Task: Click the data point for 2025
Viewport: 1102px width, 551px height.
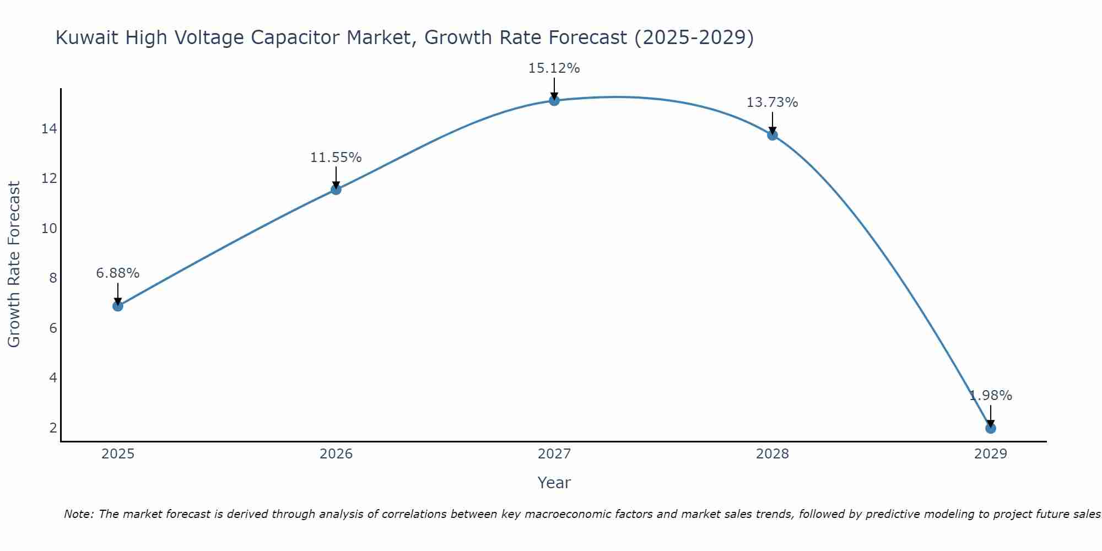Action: [x=118, y=306]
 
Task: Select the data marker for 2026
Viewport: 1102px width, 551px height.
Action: [x=336, y=190]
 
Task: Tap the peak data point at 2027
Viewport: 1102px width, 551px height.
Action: [x=554, y=100]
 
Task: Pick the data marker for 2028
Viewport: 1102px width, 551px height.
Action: [x=773, y=135]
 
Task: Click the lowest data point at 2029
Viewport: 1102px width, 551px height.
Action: [x=991, y=428]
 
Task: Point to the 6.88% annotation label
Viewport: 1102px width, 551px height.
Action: [x=118, y=273]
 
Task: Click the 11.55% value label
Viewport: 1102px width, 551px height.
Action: [x=336, y=158]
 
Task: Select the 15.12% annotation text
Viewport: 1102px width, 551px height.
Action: [x=554, y=68]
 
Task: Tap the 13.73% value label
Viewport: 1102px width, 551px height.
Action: [x=773, y=102]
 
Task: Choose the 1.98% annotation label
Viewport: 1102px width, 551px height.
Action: [x=991, y=396]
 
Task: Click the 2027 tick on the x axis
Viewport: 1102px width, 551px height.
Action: [x=554, y=454]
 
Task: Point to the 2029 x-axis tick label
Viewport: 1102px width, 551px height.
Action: [x=991, y=454]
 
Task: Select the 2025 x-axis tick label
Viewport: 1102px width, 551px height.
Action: [x=118, y=454]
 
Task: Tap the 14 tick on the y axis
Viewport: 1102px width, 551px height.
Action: [x=49, y=129]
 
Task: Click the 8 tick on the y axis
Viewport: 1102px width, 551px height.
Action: [x=53, y=278]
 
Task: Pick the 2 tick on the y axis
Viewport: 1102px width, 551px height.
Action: [x=53, y=428]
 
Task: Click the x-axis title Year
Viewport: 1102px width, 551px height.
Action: [x=554, y=483]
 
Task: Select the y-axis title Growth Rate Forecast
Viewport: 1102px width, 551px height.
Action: [x=14, y=264]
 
